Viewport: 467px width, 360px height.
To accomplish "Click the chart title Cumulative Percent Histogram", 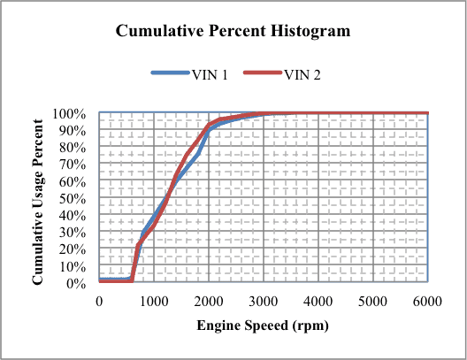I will pos(233,31).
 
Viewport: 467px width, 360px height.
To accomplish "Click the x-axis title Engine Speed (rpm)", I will pos(263,326).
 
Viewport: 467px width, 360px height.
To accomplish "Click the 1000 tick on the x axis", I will pos(154,301).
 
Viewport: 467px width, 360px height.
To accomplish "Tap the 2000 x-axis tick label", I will pos(209,301).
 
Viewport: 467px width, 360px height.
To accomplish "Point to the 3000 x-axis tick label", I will pos(264,301).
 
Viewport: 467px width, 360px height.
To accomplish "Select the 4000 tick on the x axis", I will pos(318,301).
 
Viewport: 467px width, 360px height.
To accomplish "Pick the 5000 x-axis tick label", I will pos(373,301).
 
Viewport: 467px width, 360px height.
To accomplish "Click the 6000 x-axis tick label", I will pos(428,301).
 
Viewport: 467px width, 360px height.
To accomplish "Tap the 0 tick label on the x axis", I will pos(99,301).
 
